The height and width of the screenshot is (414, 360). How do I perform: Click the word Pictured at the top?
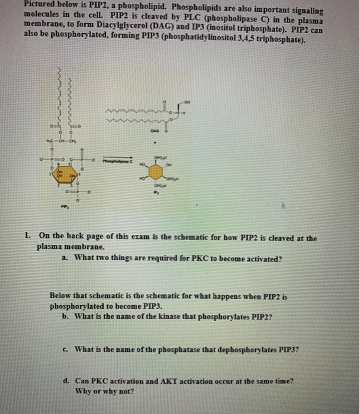[x=19, y=4]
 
